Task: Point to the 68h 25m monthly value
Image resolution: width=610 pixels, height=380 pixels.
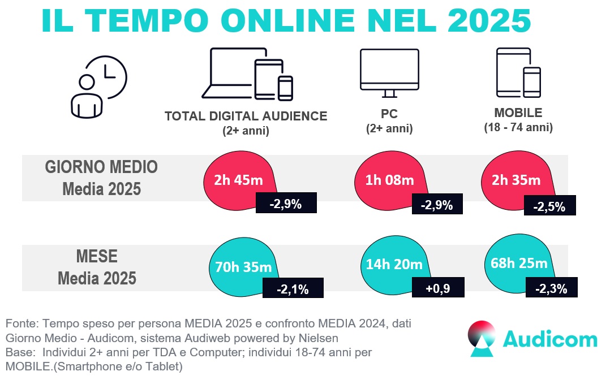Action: (516, 264)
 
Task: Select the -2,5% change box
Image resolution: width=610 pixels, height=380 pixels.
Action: (549, 206)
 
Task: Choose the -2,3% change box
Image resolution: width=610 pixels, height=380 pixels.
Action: (551, 288)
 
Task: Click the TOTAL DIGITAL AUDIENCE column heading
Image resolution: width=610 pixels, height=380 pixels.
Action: (246, 116)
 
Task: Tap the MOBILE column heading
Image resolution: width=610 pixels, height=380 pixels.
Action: (518, 113)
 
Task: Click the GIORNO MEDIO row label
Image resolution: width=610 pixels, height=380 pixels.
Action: (101, 167)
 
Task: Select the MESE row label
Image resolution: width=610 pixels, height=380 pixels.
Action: (97, 257)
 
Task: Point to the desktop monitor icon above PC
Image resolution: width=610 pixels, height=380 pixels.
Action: (389, 72)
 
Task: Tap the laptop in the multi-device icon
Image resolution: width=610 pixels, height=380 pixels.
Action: (232, 74)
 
